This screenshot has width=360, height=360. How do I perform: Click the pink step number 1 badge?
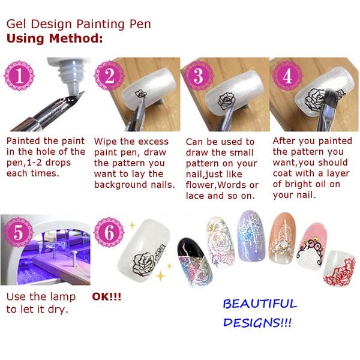pyautogui.click(x=19, y=76)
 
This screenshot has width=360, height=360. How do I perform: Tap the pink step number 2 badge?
pyautogui.click(x=109, y=76)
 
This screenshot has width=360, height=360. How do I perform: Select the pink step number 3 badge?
pyautogui.click(x=199, y=76)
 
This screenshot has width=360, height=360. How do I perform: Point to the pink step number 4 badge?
pyautogui.click(x=287, y=76)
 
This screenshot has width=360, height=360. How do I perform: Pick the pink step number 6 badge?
pyautogui.click(x=109, y=232)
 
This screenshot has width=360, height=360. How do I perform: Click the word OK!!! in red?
pyautogui.click(x=107, y=296)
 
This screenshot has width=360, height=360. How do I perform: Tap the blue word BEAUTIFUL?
pyautogui.click(x=260, y=304)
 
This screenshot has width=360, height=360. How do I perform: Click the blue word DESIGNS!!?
pyautogui.click(x=257, y=323)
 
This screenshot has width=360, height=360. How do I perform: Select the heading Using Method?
pyautogui.click(x=55, y=38)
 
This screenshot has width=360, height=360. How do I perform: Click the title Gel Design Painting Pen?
pyautogui.click(x=79, y=24)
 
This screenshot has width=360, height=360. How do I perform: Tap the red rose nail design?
pyautogui.click(x=340, y=269)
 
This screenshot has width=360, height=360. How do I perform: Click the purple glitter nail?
pyautogui.click(x=251, y=236)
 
